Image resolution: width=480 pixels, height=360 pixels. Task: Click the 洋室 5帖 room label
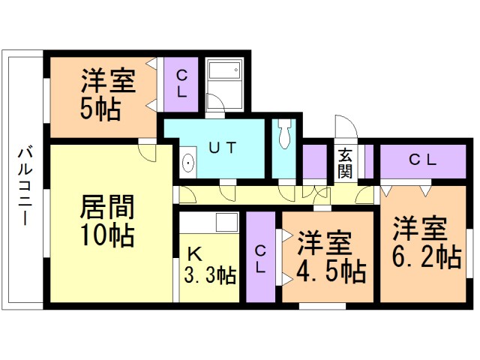coord(105,94)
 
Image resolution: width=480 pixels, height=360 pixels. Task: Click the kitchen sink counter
coord(208,222)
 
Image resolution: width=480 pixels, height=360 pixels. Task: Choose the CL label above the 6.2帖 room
coord(423,159)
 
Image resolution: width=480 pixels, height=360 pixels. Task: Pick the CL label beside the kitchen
coord(260,258)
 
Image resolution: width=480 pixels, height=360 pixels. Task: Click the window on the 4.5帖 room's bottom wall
coord(322,305)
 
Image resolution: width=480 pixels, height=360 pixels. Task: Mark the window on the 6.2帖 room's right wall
coord(470,251)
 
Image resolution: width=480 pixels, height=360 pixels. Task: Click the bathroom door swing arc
coord(213,103)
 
